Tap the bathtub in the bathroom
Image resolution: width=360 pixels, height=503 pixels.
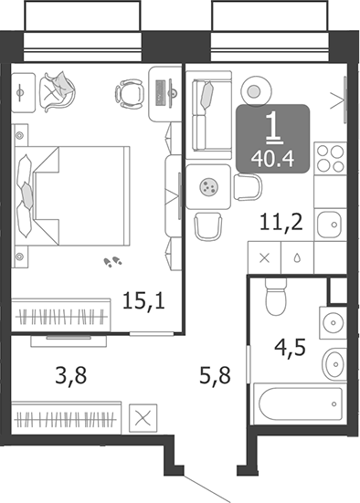300,403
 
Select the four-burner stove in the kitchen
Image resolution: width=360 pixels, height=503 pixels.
330,159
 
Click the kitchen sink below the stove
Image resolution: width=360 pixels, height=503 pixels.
330,222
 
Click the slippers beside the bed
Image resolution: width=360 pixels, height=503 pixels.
114,262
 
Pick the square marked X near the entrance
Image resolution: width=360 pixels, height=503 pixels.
143,420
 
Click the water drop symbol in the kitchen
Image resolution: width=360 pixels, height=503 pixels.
297,258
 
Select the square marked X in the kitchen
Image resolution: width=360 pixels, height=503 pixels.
265,258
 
